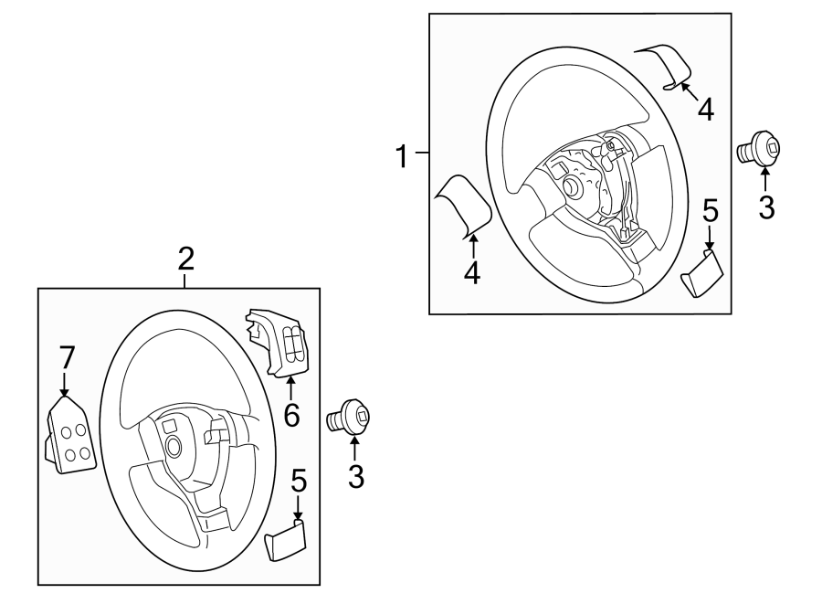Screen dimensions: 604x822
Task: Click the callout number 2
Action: [185, 259]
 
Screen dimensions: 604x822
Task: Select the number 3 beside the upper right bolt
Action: [766, 207]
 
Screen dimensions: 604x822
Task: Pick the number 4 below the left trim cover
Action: [471, 271]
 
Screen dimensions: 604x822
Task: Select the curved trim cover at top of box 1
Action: [664, 67]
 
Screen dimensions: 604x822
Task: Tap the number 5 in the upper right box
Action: [711, 212]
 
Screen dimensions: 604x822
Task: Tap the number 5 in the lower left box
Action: [298, 481]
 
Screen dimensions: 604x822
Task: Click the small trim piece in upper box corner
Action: [703, 273]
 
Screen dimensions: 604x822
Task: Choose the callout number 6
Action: [291, 416]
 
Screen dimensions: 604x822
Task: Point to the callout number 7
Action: [65, 357]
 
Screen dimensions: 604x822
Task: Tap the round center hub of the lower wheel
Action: [174, 446]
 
